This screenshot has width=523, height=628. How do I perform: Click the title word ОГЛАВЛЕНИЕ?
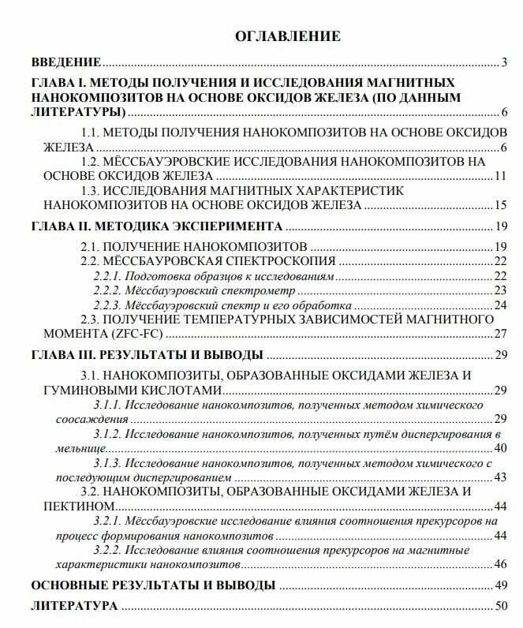click(288, 36)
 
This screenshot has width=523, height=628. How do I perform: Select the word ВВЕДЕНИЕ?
click(66, 62)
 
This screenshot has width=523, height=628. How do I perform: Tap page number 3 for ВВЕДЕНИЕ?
click(503, 62)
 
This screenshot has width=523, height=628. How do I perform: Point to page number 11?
click(500, 175)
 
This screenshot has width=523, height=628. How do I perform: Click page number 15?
click(500, 205)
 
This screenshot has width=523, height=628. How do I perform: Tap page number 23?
click(500, 290)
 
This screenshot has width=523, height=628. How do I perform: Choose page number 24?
click(500, 305)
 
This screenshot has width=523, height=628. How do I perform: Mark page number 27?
click(500, 334)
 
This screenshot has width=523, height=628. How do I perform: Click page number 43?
click(500, 477)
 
